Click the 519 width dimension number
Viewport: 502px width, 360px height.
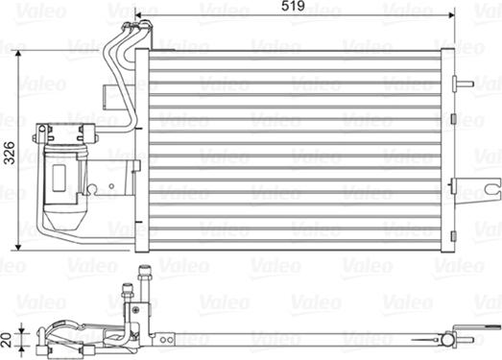pyautogui.click(x=293, y=6)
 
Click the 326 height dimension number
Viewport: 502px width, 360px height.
pyautogui.click(x=9, y=153)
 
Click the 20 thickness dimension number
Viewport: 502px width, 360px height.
pyautogui.click(x=7, y=340)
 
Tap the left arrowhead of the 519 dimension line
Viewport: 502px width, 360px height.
pyautogui.click(x=137, y=14)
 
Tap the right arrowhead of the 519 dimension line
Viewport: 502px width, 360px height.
pyautogui.click(x=451, y=14)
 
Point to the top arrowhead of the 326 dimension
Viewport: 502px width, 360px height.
pyautogui.click(x=18, y=54)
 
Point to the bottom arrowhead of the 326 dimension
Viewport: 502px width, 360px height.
pyautogui.click(x=18, y=247)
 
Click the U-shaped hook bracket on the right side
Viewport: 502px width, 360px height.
pyautogui.click(x=492, y=187)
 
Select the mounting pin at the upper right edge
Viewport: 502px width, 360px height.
pyautogui.click(x=464, y=84)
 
